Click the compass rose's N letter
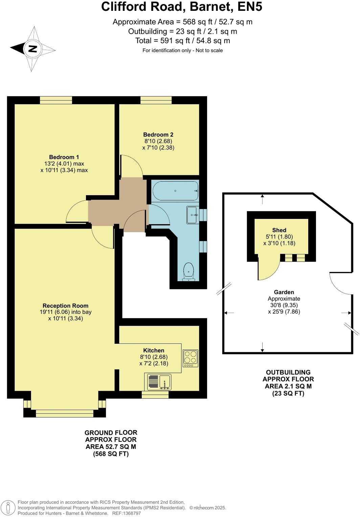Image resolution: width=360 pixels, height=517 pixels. coord(32,49)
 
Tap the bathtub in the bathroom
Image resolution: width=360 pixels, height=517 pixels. coord(175,191)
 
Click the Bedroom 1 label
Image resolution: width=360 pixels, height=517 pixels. coord(64,157)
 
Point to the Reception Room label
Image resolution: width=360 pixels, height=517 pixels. coord(65,306)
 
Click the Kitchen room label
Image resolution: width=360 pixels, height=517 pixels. coord(154,351)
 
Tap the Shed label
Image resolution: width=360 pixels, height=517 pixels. coord(279,230)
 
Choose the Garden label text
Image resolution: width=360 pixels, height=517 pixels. coord(284,292)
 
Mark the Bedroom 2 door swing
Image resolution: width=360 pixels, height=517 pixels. coord(131,166)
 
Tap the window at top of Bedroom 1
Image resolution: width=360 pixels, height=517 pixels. coord(56,100)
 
